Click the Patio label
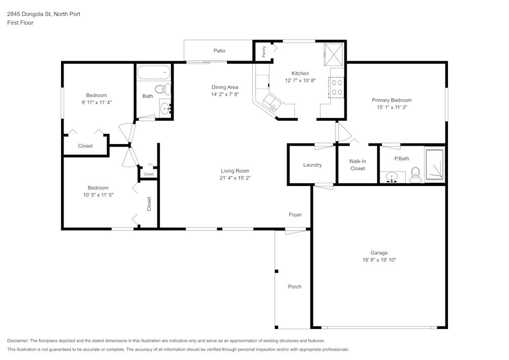tap(219, 50)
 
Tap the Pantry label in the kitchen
tap(264, 51)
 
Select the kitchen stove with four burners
tap(336, 87)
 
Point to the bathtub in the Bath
tap(154, 73)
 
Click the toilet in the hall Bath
tap(163, 89)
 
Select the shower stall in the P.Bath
tap(434, 164)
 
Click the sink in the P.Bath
tap(392, 177)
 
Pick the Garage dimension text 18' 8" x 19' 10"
tap(379, 260)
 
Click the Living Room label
tap(235, 171)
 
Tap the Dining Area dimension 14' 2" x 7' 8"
tap(225, 94)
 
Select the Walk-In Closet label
tap(357, 164)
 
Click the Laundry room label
tap(313, 165)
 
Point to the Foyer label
tap(295, 214)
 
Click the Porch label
tap(295, 287)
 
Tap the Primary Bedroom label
tap(392, 100)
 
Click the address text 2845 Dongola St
tap(29, 14)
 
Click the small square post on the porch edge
tap(277, 271)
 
